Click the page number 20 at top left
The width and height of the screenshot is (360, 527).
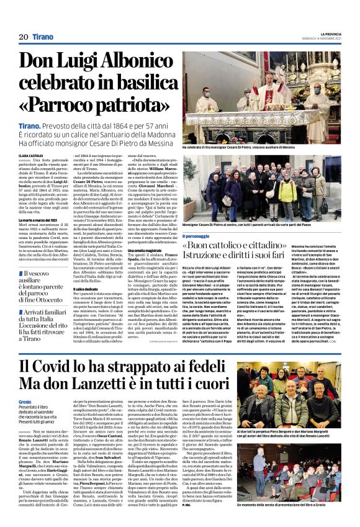coord(24,37)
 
